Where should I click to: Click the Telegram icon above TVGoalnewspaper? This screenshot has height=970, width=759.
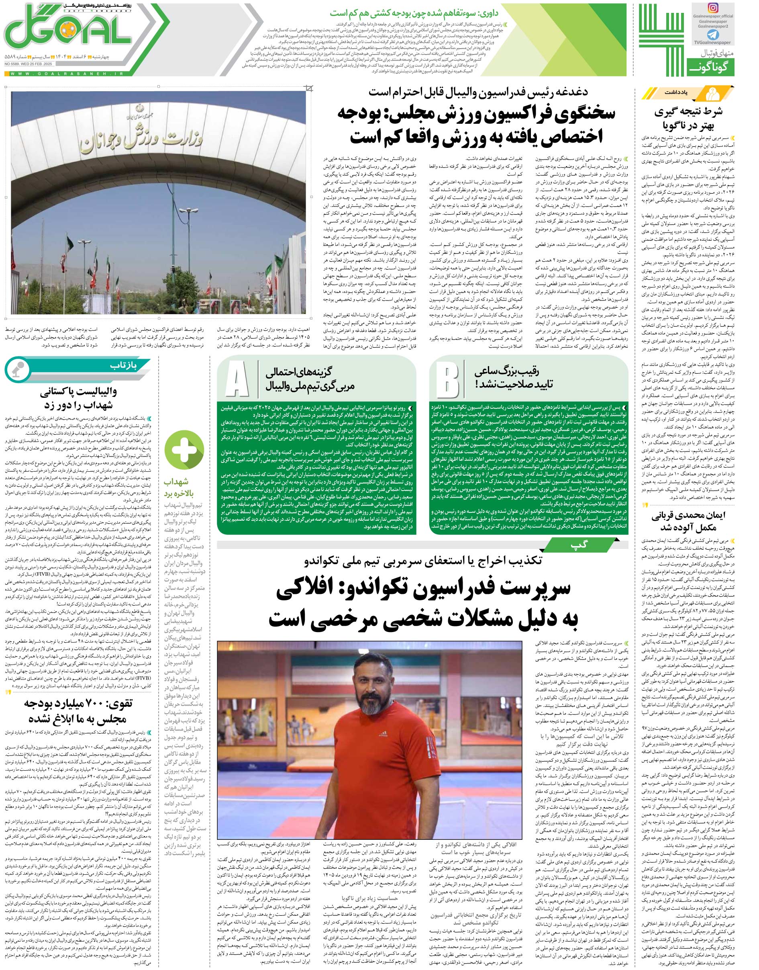tap(713, 35)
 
